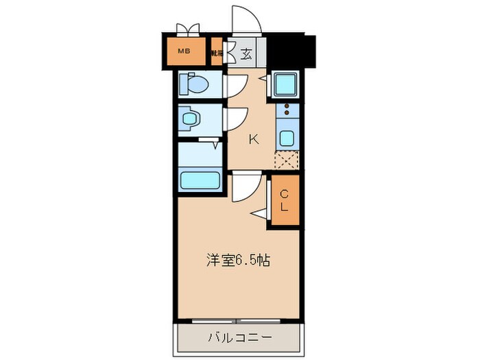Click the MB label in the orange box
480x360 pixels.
point(184,51)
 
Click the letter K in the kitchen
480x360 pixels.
point(253,139)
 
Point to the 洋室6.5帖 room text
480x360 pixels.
point(237,261)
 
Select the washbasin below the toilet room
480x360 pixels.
point(190,119)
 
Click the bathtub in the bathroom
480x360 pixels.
point(200,180)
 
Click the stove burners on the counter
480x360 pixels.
point(286,110)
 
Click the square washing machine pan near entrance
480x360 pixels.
point(284,84)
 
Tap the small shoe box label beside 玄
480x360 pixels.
point(217,52)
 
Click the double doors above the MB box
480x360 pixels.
point(187,29)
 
